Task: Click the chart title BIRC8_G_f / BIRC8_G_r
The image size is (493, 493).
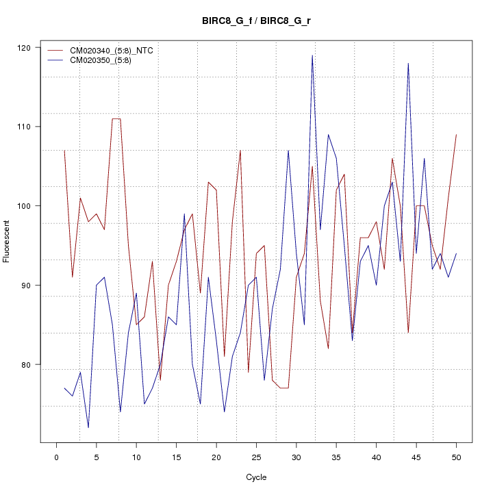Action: [256, 21]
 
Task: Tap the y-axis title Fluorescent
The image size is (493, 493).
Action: [8, 241]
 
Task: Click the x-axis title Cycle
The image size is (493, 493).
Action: [256, 477]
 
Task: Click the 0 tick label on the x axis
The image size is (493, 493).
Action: [57, 457]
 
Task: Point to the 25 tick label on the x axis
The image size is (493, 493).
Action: [256, 457]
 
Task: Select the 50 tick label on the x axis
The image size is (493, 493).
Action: [456, 457]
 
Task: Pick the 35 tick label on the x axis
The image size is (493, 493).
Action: [336, 457]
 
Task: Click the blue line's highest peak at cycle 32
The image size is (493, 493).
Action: [312, 55]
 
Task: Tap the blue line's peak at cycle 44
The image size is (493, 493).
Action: [408, 64]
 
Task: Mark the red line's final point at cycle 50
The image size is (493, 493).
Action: [456, 135]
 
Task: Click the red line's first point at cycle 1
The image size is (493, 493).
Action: [64, 151]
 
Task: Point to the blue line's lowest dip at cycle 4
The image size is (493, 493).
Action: [88, 427]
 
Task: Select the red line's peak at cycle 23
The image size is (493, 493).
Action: [240, 151]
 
